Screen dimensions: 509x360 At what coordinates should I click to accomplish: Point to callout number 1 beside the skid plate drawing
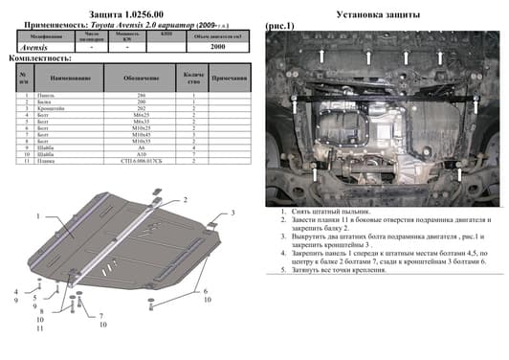click(39, 217)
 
